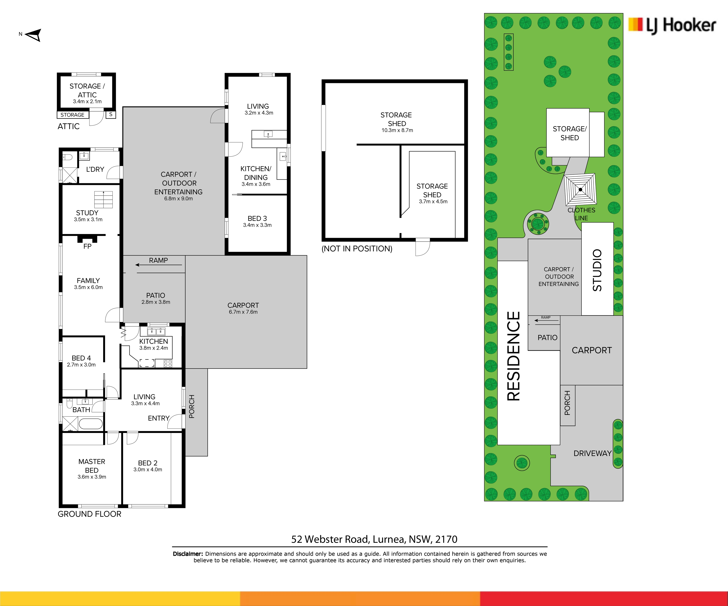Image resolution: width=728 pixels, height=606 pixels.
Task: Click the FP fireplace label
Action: coord(87,246)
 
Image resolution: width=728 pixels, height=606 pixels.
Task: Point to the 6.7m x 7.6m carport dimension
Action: coord(243,312)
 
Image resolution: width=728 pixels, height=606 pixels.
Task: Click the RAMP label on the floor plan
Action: coord(158,260)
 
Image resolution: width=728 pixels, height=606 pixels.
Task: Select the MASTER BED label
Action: coord(92,466)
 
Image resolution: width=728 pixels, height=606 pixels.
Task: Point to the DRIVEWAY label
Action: coord(592,453)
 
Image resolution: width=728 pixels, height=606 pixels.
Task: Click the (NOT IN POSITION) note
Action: coord(357,248)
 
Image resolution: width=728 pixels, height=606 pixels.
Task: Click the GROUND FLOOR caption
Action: coord(89,514)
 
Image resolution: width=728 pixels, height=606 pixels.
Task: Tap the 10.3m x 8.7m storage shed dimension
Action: coord(397,130)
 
